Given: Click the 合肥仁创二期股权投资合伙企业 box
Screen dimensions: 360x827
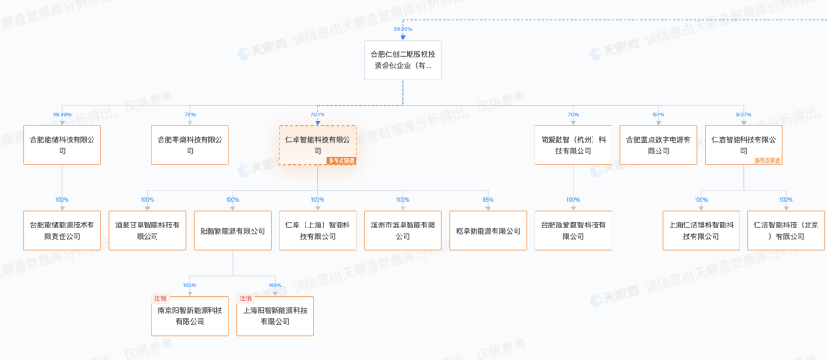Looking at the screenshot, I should [403, 60].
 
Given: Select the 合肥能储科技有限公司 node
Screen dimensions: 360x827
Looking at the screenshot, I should [62, 145].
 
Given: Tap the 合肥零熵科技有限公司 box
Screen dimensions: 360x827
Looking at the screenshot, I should [190, 145].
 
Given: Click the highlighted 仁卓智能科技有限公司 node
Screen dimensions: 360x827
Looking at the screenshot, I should [317, 144].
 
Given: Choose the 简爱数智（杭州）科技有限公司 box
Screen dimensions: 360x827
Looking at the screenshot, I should [573, 145].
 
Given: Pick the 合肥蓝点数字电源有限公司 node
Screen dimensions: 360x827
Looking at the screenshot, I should [658, 145].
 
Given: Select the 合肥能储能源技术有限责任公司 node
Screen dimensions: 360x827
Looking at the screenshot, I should [62, 230].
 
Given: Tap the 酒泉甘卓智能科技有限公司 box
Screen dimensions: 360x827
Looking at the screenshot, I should [147, 230].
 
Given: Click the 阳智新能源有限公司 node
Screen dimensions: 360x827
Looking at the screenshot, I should [233, 230].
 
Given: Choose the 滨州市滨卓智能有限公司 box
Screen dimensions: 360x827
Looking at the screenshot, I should [403, 230].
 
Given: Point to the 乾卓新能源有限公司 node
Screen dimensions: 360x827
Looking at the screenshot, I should [488, 230].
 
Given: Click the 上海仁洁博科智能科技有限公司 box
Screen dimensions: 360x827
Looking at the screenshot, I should [701, 230].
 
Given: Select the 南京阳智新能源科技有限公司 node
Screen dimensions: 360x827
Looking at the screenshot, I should [190, 315].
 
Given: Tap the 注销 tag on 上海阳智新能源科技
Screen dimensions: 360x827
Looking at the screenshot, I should [246, 299].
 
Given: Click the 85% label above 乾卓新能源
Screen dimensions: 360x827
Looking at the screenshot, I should [488, 200].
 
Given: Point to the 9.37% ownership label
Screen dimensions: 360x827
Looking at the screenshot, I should [743, 114].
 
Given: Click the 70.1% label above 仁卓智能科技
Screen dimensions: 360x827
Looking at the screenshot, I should [317, 114].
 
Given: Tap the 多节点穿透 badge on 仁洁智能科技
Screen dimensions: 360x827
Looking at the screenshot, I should [767, 161].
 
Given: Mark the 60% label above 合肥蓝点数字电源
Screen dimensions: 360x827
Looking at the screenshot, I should [658, 114].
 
